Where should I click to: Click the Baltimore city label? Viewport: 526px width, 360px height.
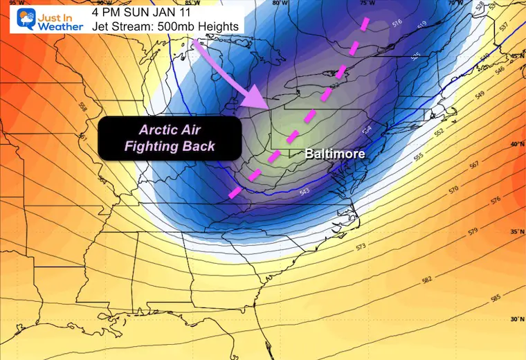click(x=335, y=154)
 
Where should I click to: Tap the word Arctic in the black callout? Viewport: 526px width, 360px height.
click(x=156, y=129)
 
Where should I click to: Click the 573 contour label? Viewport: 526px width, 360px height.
click(x=361, y=246)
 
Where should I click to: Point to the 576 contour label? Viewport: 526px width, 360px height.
click(x=475, y=200)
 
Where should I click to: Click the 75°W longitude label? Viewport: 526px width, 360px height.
click(x=367, y=3)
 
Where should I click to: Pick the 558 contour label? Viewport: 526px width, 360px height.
click(x=82, y=108)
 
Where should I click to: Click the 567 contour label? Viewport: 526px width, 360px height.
click(x=473, y=165)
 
